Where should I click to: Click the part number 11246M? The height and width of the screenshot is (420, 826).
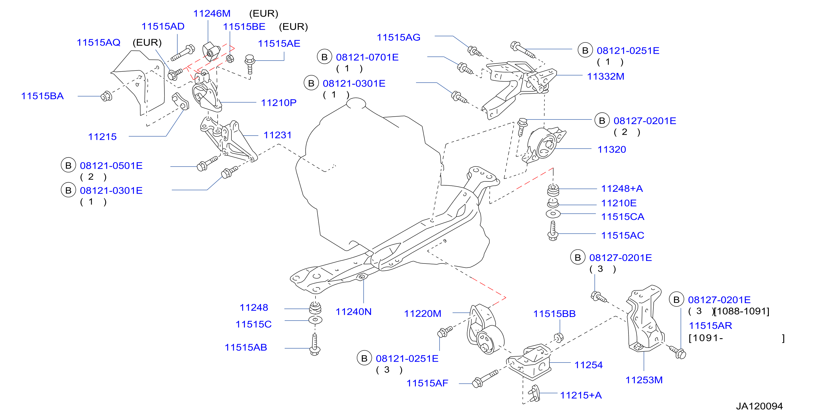click(212, 14)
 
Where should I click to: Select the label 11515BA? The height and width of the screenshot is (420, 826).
click(42, 96)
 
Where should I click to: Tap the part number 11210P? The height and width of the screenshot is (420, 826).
click(279, 103)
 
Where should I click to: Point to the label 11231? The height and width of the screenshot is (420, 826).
click(277, 135)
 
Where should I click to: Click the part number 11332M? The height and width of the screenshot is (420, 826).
click(605, 76)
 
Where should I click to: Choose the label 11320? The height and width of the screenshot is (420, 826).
click(612, 149)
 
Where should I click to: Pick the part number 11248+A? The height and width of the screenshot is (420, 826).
click(622, 188)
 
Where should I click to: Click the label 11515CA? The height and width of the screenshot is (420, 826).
click(622, 217)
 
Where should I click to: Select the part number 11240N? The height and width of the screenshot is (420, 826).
click(353, 312)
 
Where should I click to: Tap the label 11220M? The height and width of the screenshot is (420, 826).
click(422, 314)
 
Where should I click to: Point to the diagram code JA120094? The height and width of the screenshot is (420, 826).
click(759, 406)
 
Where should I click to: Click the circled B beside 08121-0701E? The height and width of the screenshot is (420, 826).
click(324, 57)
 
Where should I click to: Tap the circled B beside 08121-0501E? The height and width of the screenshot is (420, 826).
click(68, 166)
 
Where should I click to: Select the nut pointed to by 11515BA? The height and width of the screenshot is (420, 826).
click(106, 96)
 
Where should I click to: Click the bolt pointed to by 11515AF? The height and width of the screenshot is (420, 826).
click(484, 379)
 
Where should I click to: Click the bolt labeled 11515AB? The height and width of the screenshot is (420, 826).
click(315, 344)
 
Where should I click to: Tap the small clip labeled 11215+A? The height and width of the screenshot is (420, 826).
click(535, 393)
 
